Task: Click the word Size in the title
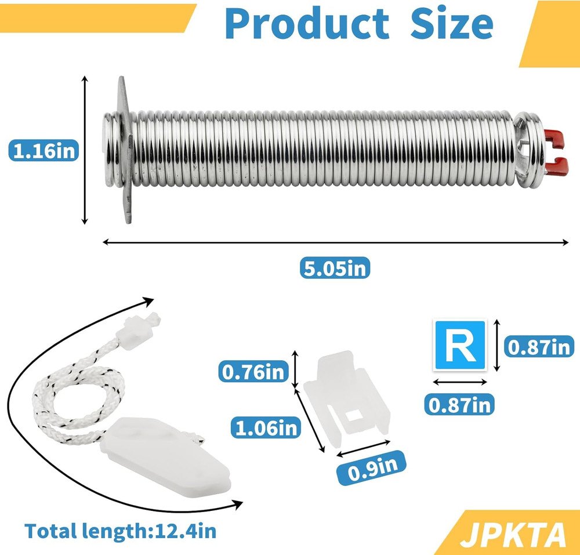[x=452, y=24]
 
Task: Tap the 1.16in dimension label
[x=43, y=152]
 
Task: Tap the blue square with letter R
[x=461, y=345]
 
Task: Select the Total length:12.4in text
[x=120, y=530]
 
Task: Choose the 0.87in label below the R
[x=460, y=403]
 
